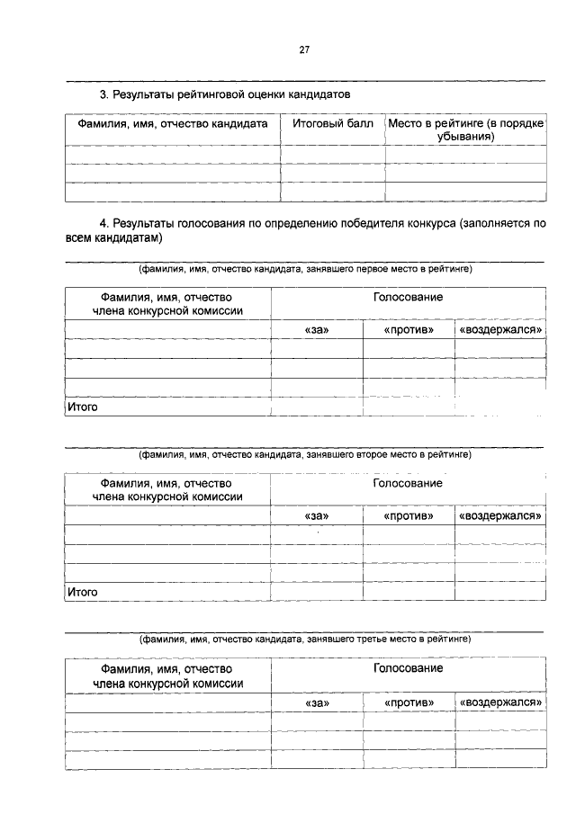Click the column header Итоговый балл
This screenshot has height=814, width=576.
click(332, 124)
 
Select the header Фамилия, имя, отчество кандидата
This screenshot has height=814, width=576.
click(173, 124)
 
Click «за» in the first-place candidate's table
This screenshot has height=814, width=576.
click(317, 330)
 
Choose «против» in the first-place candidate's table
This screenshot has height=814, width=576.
click(409, 330)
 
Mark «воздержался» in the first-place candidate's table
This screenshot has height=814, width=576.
click(500, 330)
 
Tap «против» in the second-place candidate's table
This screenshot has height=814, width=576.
click(409, 516)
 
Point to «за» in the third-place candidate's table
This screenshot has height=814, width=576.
click(317, 702)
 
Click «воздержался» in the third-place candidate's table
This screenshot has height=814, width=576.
click(500, 702)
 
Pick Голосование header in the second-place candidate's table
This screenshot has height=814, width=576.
click(408, 483)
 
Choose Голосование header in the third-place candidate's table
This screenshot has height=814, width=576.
click(408, 668)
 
